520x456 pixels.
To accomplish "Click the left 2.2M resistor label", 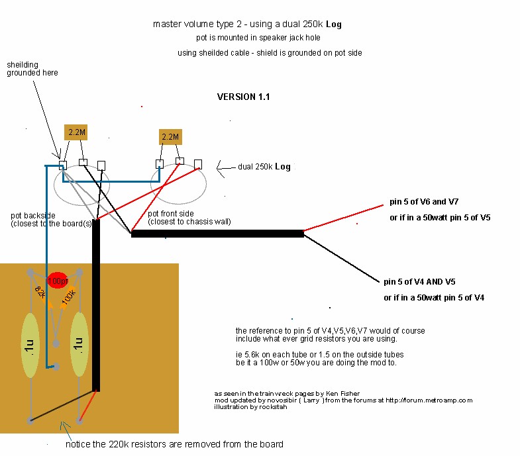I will (77, 132).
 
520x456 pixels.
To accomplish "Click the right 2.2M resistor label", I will (170, 138).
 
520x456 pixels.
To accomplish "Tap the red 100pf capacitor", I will (58, 281).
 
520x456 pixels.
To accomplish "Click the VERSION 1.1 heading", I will (243, 97).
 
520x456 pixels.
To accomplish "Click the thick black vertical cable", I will (96, 304).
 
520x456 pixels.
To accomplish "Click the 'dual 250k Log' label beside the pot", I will (264, 167).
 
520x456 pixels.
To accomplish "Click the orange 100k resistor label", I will (69, 298).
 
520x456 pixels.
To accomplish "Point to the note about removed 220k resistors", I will (174, 444).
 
